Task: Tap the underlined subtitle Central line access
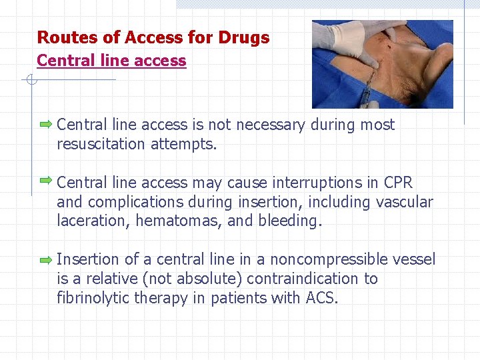point(111,61)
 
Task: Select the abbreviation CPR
point(399,183)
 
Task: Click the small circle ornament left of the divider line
point(30,81)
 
